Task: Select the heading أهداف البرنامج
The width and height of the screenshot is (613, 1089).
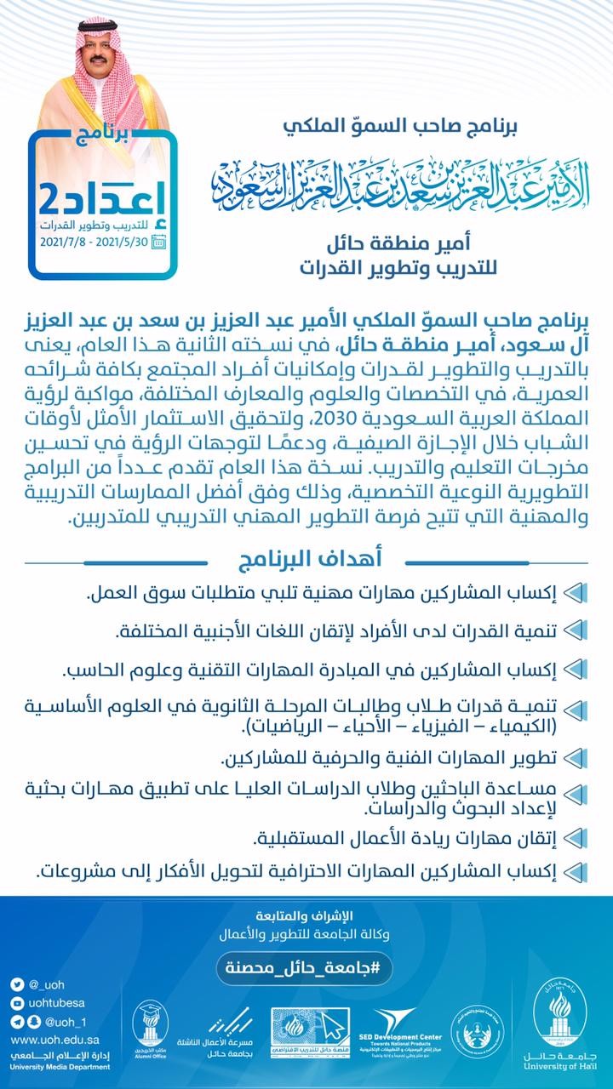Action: click(306, 559)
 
